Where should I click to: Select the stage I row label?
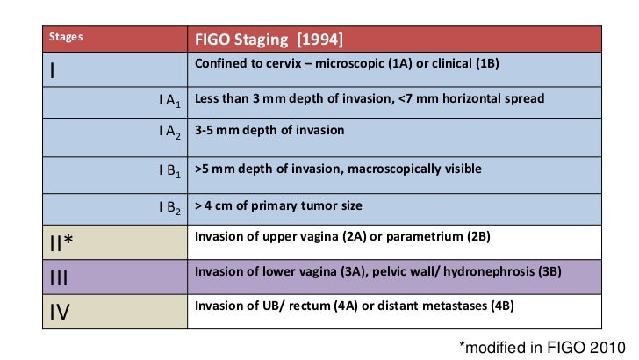point(54,71)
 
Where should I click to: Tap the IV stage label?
point(59,311)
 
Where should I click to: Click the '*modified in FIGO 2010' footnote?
point(541,347)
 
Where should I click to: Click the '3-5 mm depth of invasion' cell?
point(269,130)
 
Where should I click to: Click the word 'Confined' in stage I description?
point(220,64)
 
